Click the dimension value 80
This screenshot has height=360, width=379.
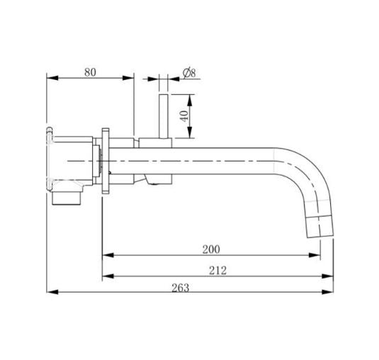pyautogui.click(x=89, y=72)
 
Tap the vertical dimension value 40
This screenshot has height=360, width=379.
pyautogui.click(x=185, y=115)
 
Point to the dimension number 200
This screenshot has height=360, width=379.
pyautogui.click(x=210, y=249)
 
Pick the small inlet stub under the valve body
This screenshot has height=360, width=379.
pyautogui.click(x=67, y=198)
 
